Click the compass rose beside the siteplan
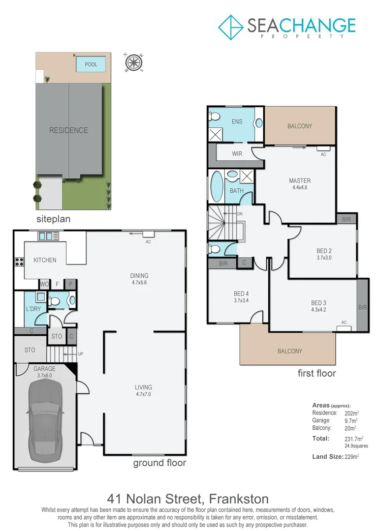point(132,62)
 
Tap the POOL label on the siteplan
point(91,64)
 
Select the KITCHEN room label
point(44,260)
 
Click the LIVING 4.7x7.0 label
point(144,390)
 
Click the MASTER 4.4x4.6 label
point(299,184)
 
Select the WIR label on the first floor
point(237,154)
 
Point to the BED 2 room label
point(324,254)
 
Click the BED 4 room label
point(241,297)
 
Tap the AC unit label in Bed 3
point(344,323)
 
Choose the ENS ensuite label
point(237,122)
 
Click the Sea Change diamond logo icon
point(230,27)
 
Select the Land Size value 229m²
point(352,457)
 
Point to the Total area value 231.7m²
point(353,438)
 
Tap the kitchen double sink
point(45,236)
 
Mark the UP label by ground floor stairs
point(80,354)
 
